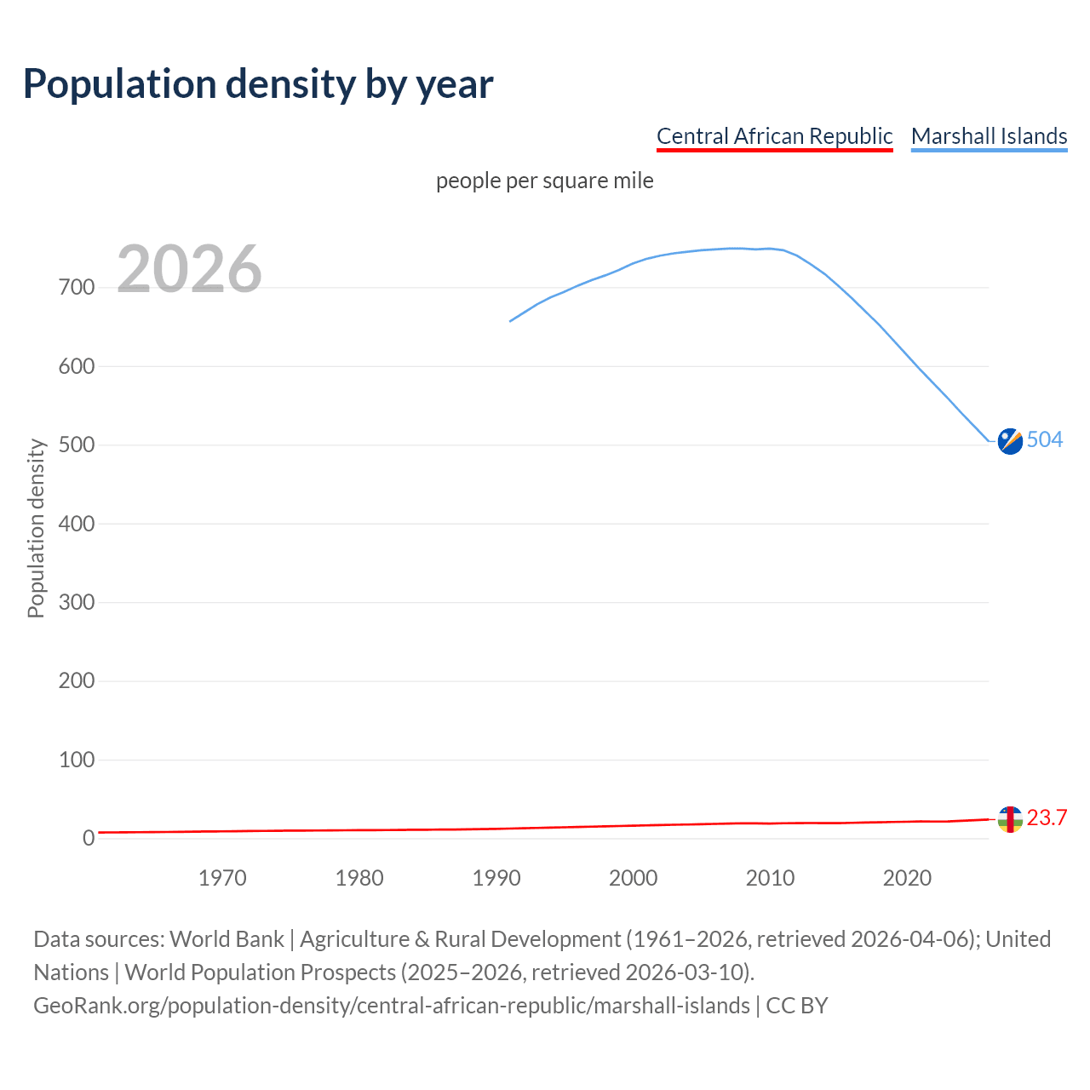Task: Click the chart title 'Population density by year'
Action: coord(258,83)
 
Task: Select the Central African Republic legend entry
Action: coord(774,136)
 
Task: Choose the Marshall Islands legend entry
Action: coord(989,136)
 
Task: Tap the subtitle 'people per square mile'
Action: coord(544,181)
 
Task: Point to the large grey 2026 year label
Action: coord(189,269)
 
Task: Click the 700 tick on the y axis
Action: coord(77,288)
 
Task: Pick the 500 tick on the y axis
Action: coord(77,445)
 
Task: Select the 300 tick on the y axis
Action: coord(77,603)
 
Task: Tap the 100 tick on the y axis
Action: coord(77,760)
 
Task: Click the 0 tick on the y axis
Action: coord(89,839)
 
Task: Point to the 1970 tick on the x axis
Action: coord(222,878)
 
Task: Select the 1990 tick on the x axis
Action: coord(496,878)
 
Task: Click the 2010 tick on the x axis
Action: coord(770,878)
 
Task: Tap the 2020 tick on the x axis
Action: coord(907,878)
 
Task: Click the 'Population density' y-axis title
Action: coord(36,528)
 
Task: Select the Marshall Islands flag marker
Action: coord(1010,441)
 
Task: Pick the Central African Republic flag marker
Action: coord(1010,819)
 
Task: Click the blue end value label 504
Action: coord(1045,440)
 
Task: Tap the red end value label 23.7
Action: coord(1047,818)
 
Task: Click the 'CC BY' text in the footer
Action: coord(797,1006)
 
